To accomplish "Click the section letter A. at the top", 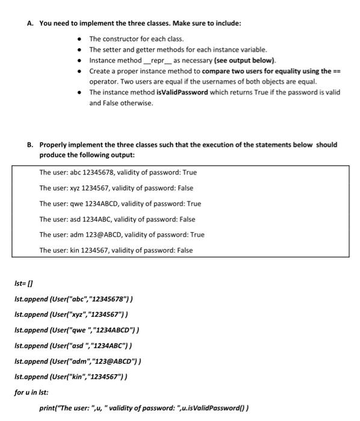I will coord(31,23).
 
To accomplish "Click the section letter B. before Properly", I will coord(31,145).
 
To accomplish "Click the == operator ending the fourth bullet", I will coord(337,71).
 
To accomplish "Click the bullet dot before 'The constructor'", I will coord(79,39).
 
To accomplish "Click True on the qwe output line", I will coord(194,204).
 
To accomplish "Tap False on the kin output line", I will coord(185,251).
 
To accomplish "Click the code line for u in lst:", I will coord(31,393).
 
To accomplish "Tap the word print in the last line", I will coord(48,408).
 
